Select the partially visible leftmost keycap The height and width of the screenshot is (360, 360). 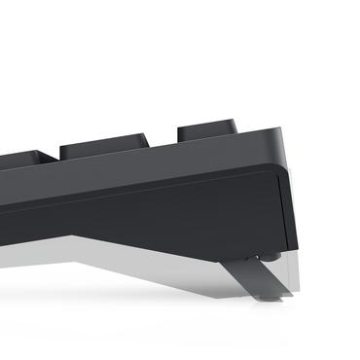(24, 160)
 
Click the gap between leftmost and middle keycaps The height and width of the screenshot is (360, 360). (58, 157)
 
